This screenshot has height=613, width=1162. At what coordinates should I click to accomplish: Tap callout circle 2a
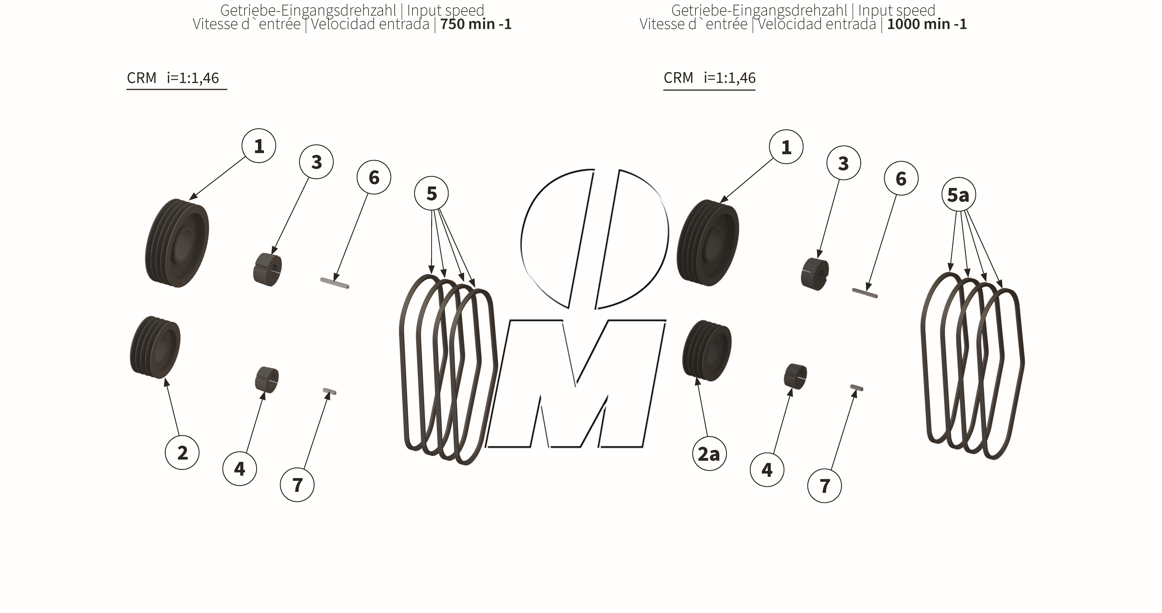pyautogui.click(x=709, y=454)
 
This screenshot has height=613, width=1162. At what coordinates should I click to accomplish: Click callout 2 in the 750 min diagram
pyautogui.click(x=182, y=453)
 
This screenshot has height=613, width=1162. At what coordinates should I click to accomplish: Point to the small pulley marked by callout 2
pyautogui.click(x=155, y=347)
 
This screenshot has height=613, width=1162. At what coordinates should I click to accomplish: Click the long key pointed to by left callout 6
pyautogui.click(x=334, y=283)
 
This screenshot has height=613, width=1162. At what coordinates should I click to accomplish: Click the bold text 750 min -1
pyautogui.click(x=476, y=24)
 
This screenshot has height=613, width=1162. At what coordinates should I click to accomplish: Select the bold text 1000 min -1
pyautogui.click(x=927, y=24)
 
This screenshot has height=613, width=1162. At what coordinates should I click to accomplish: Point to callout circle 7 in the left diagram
pyautogui.click(x=297, y=485)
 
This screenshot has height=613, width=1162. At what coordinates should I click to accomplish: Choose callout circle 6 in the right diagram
pyautogui.click(x=901, y=179)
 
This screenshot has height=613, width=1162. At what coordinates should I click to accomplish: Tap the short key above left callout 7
pyautogui.click(x=330, y=391)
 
